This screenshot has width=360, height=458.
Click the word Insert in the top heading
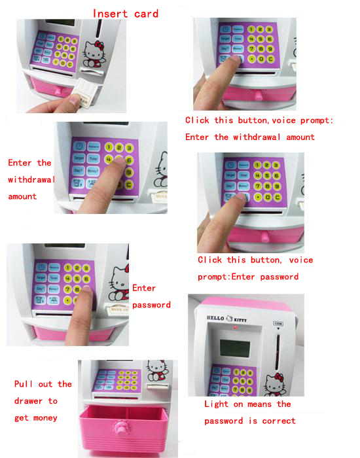point(109,13)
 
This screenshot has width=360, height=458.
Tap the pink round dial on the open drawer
point(121,432)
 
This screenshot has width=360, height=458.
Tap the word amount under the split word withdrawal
point(22,196)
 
